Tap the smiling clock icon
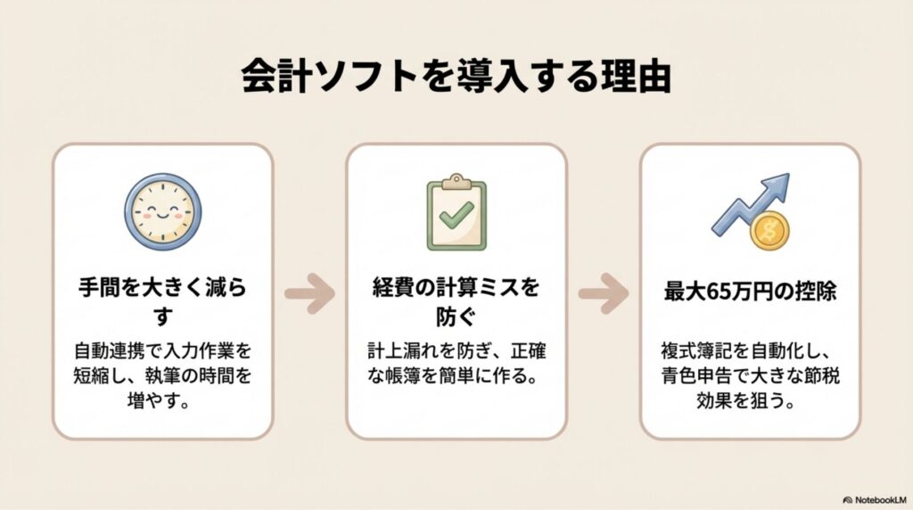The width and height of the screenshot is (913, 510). click(x=162, y=211)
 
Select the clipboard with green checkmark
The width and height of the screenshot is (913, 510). click(x=456, y=212)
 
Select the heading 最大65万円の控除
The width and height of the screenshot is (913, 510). click(x=751, y=291)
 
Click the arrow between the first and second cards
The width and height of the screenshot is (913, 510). click(x=309, y=294)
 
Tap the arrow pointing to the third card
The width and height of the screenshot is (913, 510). click(x=604, y=294)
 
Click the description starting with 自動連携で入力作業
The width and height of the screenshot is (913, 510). click(x=162, y=374)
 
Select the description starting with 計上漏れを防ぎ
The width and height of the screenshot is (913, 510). click(x=456, y=363)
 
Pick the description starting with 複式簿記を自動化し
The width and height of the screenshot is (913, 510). click(x=751, y=374)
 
